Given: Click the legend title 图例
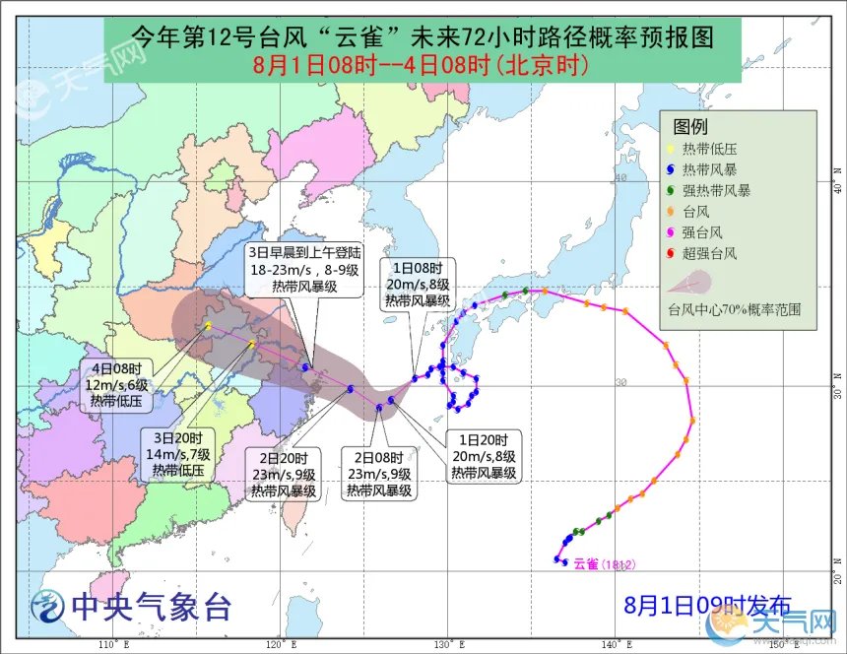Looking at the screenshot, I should [x=689, y=126].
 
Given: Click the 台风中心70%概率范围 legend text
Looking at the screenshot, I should [x=734, y=308].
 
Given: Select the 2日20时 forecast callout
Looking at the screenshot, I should [x=283, y=474].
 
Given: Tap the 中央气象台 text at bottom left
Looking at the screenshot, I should [x=148, y=607].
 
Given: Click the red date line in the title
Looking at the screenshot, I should [x=421, y=66].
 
